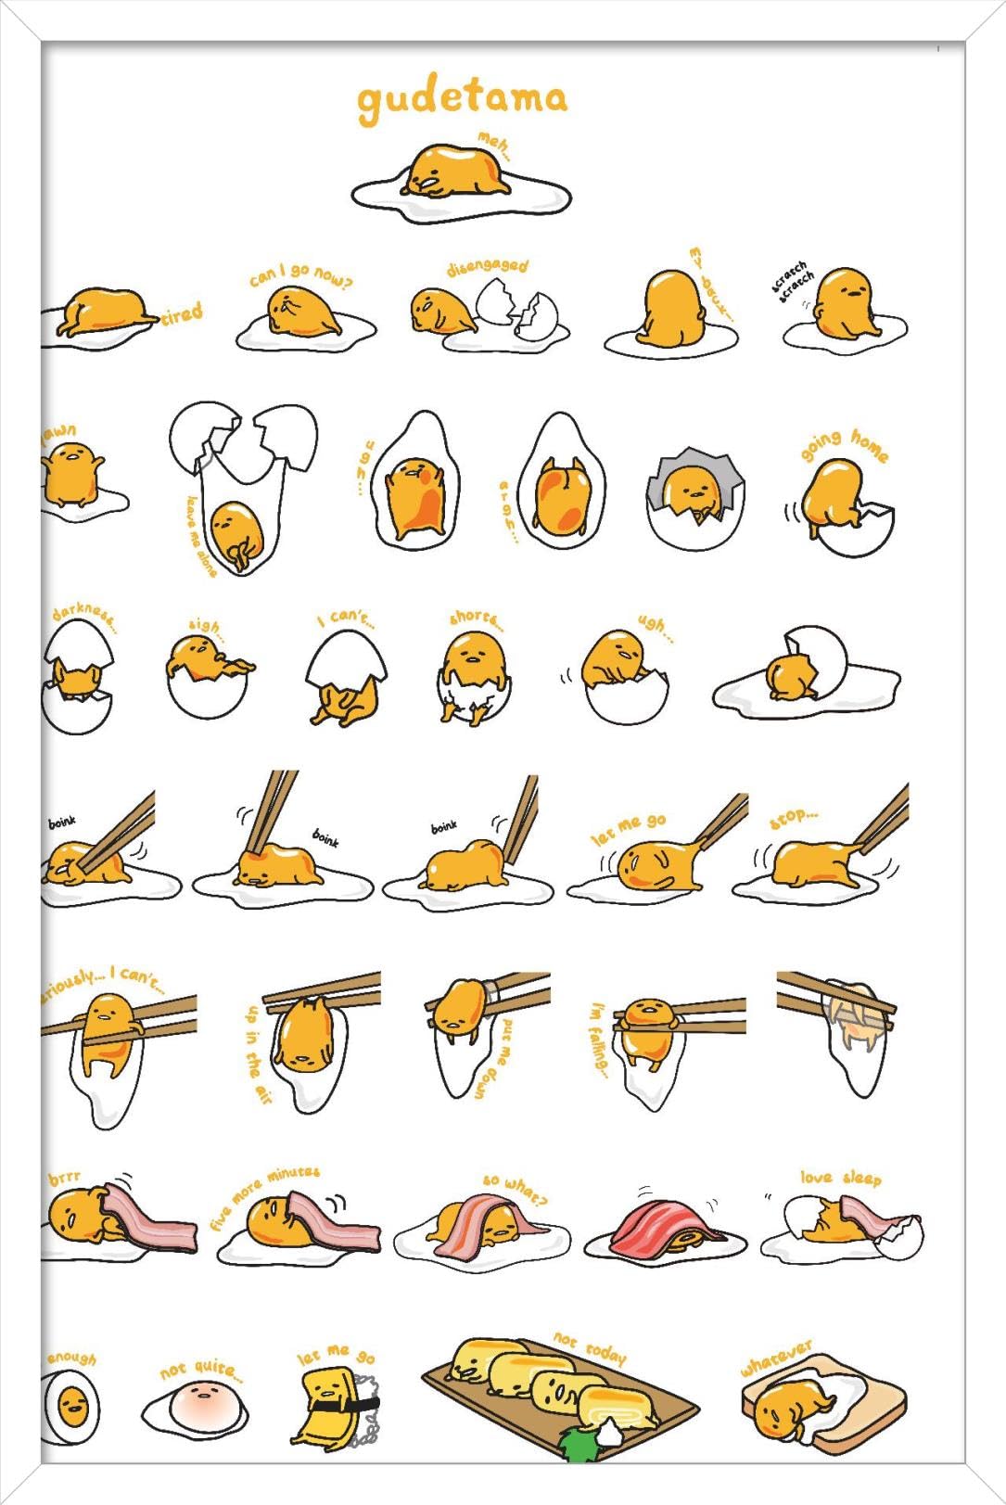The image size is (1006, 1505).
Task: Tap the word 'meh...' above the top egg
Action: coord(495,145)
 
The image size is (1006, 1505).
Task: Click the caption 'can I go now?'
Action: coord(300,274)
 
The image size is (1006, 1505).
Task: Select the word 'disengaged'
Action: coord(487,267)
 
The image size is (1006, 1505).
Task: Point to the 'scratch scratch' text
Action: coord(794,280)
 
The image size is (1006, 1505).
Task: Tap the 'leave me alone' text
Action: coord(201,535)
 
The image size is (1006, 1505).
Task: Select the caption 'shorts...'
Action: coord(476,619)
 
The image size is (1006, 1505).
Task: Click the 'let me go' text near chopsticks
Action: coord(629,829)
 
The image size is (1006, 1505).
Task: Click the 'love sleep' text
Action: coord(840,1177)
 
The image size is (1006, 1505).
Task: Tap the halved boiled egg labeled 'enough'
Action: coord(72,1407)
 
